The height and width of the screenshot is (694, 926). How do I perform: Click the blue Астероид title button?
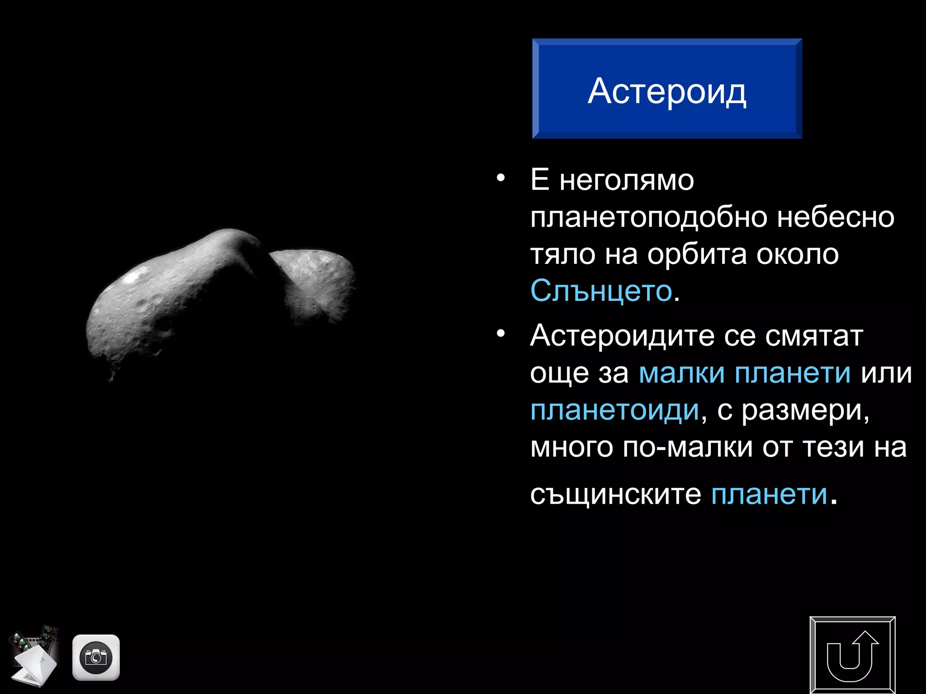click(x=667, y=89)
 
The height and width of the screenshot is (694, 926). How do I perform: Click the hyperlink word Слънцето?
click(x=601, y=291)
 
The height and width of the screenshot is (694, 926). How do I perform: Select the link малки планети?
click(x=744, y=373)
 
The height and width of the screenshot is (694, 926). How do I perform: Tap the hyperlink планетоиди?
click(x=614, y=410)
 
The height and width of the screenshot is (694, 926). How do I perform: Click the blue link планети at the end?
click(x=769, y=494)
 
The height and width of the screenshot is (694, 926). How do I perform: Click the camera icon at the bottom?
click(x=96, y=657)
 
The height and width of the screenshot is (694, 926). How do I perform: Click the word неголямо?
click(x=626, y=180)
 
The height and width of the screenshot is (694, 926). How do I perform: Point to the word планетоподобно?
click(x=649, y=217)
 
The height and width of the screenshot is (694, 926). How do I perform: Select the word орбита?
click(x=696, y=254)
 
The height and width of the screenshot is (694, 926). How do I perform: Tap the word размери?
click(x=805, y=410)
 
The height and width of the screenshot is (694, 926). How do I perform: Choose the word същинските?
click(x=615, y=494)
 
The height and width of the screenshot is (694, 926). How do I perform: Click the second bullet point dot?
click(x=500, y=334)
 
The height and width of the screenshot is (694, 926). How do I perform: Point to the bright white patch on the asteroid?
click(x=132, y=277)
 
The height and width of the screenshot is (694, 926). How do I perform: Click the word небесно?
click(x=835, y=217)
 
